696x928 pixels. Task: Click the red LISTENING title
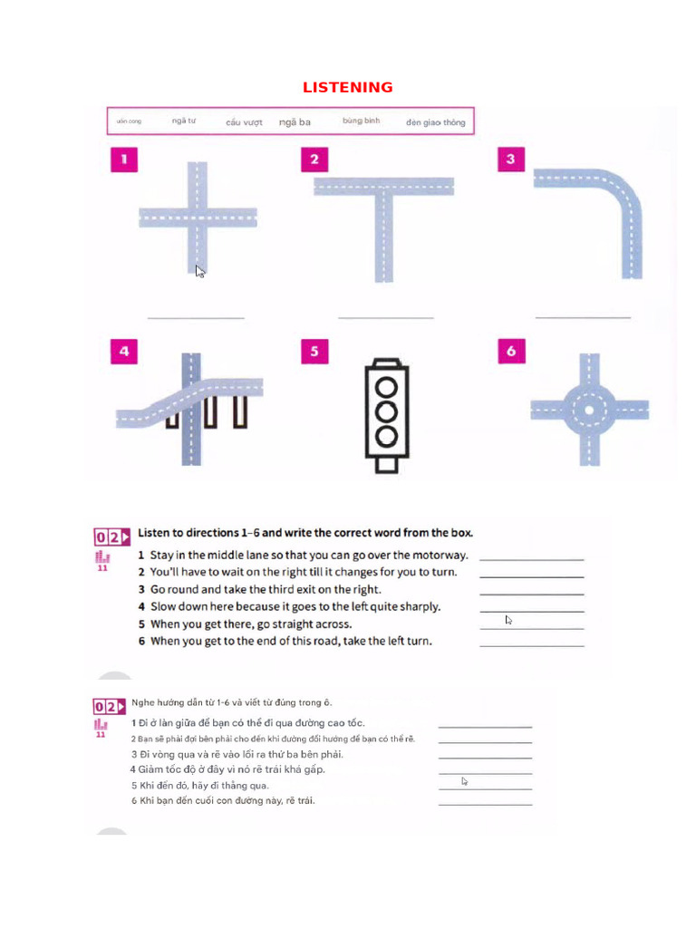point(347,87)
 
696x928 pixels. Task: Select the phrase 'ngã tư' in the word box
point(184,121)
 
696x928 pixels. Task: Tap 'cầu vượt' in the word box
point(244,122)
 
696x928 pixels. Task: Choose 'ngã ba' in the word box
point(295,122)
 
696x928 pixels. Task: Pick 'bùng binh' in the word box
point(361,121)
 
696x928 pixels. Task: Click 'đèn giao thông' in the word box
point(435,122)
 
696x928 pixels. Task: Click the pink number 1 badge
point(124,160)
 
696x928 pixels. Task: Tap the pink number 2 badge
point(314,160)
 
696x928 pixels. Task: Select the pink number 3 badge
point(511,159)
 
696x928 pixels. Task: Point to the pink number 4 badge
point(124,352)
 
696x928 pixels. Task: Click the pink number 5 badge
point(314,352)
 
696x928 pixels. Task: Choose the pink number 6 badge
point(511,351)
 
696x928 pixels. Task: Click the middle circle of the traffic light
point(387,411)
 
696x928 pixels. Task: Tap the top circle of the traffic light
point(387,385)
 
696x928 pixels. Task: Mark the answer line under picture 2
point(385,318)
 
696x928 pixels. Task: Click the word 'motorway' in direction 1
point(439,555)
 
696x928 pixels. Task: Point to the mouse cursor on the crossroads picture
point(199,270)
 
